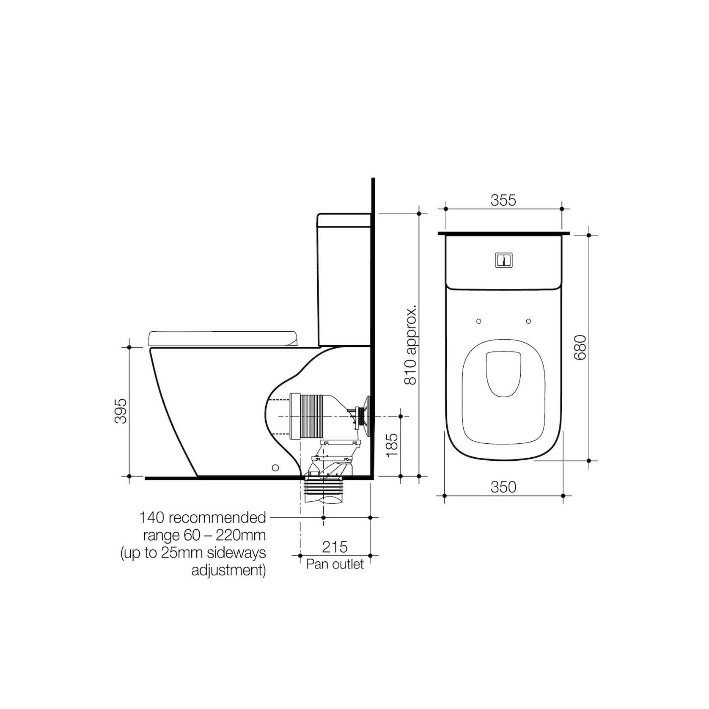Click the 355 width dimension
click(503, 200)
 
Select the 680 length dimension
click(580, 347)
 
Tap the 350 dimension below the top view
click(503, 487)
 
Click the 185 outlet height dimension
click(392, 445)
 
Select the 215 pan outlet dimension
click(335, 547)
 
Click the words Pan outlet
click(335, 564)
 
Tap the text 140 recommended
click(203, 517)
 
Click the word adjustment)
click(228, 571)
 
